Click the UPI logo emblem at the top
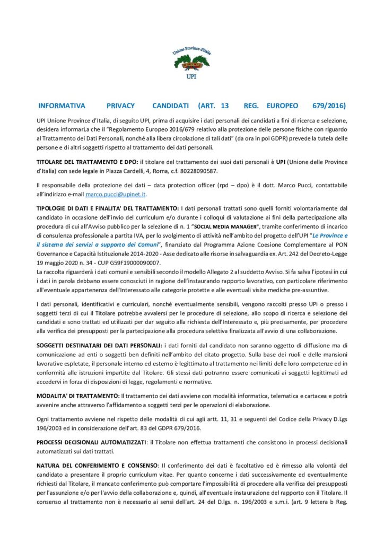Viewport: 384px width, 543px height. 191,59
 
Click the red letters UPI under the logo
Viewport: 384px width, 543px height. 191,76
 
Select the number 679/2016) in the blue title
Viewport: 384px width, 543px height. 327,106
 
